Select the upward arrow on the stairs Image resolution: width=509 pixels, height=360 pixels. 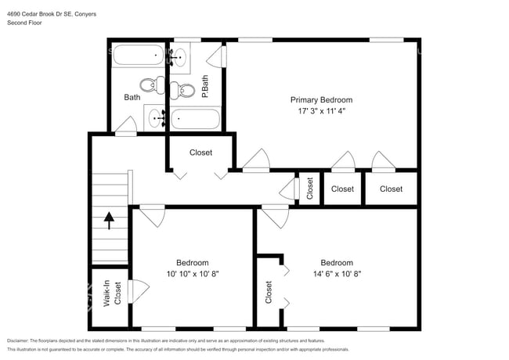point(109,221)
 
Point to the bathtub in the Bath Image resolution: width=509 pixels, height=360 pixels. point(138,56)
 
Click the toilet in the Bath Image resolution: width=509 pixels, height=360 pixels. point(149,85)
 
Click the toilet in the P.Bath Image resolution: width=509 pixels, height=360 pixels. point(186,91)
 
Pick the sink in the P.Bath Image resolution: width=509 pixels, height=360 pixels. point(179,56)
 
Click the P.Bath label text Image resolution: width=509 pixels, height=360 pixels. point(205,86)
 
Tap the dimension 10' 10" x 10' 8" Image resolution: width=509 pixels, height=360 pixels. point(192,274)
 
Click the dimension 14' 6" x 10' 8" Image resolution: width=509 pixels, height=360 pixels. point(336,274)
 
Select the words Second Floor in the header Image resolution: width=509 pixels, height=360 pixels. point(25,23)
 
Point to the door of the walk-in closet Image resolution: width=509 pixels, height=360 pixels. point(139,290)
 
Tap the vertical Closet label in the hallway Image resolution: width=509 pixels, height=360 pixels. point(309,189)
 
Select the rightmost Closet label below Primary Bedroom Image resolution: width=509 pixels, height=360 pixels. point(391,189)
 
